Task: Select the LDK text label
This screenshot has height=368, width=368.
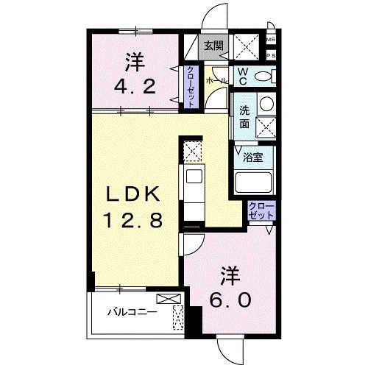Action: (132, 196)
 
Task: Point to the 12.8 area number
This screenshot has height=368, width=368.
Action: (133, 219)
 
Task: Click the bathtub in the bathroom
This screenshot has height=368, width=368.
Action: (254, 182)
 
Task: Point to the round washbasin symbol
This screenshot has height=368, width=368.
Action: (266, 104)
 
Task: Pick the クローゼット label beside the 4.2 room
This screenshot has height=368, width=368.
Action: (190, 87)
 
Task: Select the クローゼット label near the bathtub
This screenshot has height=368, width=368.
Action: (261, 210)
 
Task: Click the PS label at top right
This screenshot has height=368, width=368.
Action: (271, 54)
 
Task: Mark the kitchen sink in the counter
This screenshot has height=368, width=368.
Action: (194, 177)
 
